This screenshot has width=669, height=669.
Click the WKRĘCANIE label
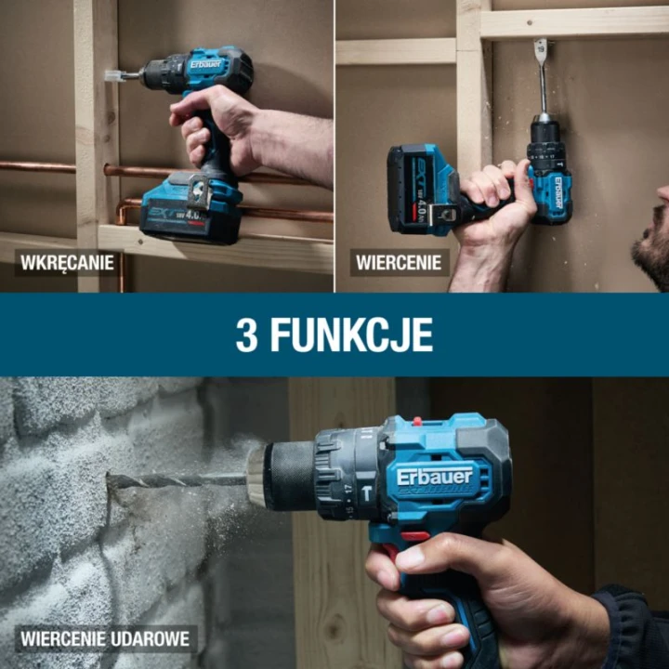pyautogui.click(x=67, y=262)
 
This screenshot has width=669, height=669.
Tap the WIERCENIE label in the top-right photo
pyautogui.click(x=399, y=262)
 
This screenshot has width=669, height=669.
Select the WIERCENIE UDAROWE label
pyautogui.click(x=105, y=638)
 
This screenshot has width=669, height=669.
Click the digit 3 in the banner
pyautogui.click(x=246, y=335)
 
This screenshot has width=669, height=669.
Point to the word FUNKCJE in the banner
pyautogui.click(x=351, y=335)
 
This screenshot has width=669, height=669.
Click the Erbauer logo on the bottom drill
pyautogui.click(x=434, y=477)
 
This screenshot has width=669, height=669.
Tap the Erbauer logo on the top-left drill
pyautogui.click(x=206, y=65)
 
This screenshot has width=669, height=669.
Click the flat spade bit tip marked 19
pyautogui.click(x=540, y=51)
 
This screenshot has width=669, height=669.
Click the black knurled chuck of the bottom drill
pyautogui.click(x=289, y=476)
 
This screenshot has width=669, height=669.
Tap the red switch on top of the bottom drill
pyautogui.click(x=418, y=422)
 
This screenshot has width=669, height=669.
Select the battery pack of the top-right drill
pyautogui.click(x=423, y=190)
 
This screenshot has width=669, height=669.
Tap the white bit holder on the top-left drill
pyautogui.click(x=114, y=76)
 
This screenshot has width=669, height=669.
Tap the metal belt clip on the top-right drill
pyautogui.click(x=443, y=213)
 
